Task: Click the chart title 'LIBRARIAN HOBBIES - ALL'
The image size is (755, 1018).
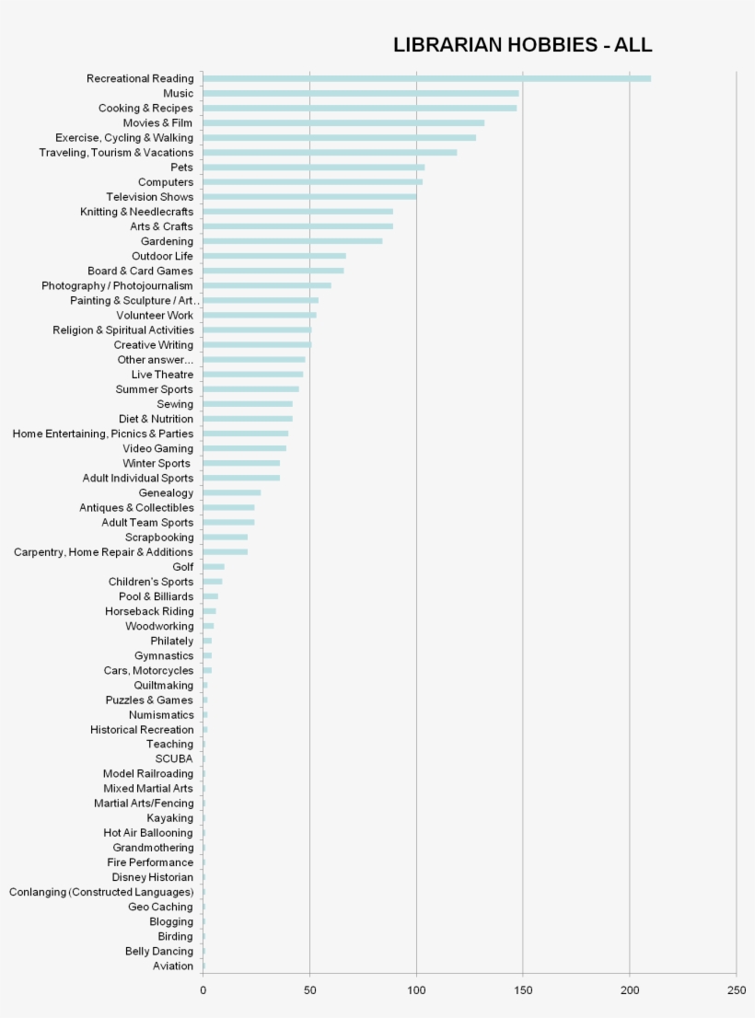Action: pyautogui.click(x=522, y=45)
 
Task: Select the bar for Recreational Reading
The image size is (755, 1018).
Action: pyautogui.click(x=426, y=78)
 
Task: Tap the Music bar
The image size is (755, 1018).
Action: pyautogui.click(x=360, y=93)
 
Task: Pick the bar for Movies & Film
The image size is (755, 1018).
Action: pyautogui.click(x=343, y=122)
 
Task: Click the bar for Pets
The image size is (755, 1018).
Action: pyautogui.click(x=313, y=168)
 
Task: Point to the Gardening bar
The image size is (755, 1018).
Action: pyautogui.click(x=292, y=241)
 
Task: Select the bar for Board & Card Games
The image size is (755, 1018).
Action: pyautogui.click(x=273, y=271)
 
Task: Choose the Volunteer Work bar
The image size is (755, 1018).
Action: pyautogui.click(x=259, y=315)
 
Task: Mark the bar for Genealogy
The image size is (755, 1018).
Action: pyautogui.click(x=231, y=492)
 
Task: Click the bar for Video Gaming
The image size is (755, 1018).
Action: pyautogui.click(x=244, y=448)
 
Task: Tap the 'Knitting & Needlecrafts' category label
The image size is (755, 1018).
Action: pyautogui.click(x=136, y=212)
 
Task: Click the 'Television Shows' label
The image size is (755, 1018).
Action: pyautogui.click(x=149, y=197)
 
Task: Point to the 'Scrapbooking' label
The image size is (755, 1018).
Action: pyautogui.click(x=159, y=538)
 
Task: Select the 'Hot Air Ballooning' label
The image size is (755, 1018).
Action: pyautogui.click(x=148, y=833)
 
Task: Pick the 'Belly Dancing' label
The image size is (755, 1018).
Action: pyautogui.click(x=159, y=951)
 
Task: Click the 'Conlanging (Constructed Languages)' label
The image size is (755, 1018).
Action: pyautogui.click(x=101, y=892)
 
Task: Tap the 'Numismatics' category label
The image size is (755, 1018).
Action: pyautogui.click(x=161, y=714)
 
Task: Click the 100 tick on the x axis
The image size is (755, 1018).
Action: pyautogui.click(x=416, y=990)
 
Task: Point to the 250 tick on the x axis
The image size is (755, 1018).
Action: pyautogui.click(x=736, y=990)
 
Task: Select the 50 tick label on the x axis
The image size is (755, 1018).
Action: pyautogui.click(x=309, y=990)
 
